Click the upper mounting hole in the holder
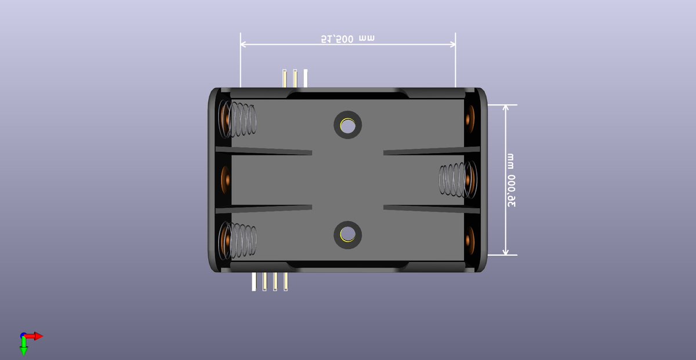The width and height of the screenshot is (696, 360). (x=348, y=124)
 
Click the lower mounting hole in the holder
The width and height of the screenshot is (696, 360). (x=348, y=234)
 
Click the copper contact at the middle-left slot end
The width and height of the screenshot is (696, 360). (x=225, y=180)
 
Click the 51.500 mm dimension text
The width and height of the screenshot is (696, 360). (x=348, y=39)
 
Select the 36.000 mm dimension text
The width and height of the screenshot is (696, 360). (x=511, y=180)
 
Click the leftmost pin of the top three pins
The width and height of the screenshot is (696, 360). (x=284, y=78)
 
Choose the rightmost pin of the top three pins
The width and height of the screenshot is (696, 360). (x=306, y=78)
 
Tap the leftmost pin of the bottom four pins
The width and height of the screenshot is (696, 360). (x=254, y=282)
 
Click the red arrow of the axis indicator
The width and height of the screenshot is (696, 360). (x=37, y=336)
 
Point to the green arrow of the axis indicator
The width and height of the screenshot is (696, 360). (x=24, y=348)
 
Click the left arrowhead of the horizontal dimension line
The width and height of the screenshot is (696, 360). (x=244, y=44)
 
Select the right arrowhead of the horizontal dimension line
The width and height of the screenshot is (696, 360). (x=452, y=44)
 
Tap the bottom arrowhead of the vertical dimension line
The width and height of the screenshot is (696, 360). (x=506, y=251)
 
